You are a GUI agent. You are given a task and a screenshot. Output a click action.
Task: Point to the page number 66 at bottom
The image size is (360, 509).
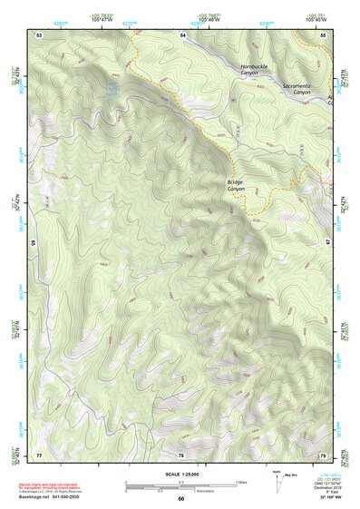[180, 499]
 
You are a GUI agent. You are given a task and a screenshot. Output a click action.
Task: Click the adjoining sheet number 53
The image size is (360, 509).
[39, 34]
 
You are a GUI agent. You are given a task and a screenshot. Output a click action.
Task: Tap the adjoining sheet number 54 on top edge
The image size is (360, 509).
[182, 34]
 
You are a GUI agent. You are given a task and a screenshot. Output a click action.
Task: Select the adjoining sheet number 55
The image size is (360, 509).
[323, 34]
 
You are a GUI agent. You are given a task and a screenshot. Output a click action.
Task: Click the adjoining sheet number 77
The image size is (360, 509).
[39, 454]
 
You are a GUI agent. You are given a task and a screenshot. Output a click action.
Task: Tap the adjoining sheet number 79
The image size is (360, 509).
[323, 454]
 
